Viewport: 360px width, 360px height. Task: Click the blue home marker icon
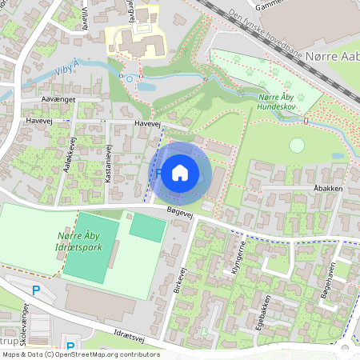(180, 171)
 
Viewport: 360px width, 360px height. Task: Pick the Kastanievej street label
(108, 164)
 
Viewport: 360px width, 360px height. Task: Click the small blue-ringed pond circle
(130, 78)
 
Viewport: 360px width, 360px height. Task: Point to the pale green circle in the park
(297, 146)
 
